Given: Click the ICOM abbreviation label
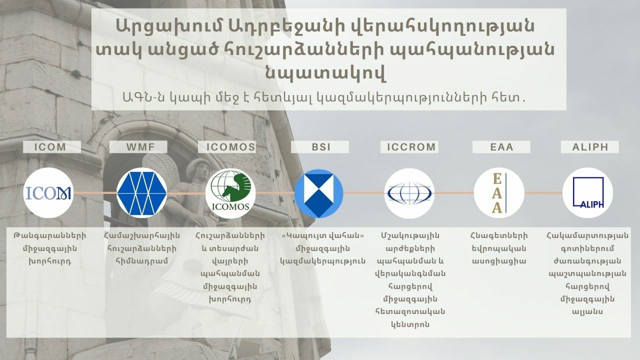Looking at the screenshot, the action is (50, 147).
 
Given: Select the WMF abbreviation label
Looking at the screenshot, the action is (140, 147).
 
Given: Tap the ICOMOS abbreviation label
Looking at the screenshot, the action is (230, 147).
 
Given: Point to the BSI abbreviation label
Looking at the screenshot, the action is (321, 147).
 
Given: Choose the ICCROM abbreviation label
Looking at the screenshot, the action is (411, 147).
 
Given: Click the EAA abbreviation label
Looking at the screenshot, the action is (501, 147).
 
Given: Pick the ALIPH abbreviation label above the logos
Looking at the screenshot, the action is (590, 147).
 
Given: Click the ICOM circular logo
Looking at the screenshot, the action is (48, 193).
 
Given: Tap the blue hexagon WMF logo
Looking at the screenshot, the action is (141, 193).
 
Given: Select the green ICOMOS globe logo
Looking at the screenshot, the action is (230, 193).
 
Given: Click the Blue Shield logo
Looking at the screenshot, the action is (319, 193).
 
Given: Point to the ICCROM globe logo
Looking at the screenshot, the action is (409, 193).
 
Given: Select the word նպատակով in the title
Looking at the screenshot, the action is (325, 73).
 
